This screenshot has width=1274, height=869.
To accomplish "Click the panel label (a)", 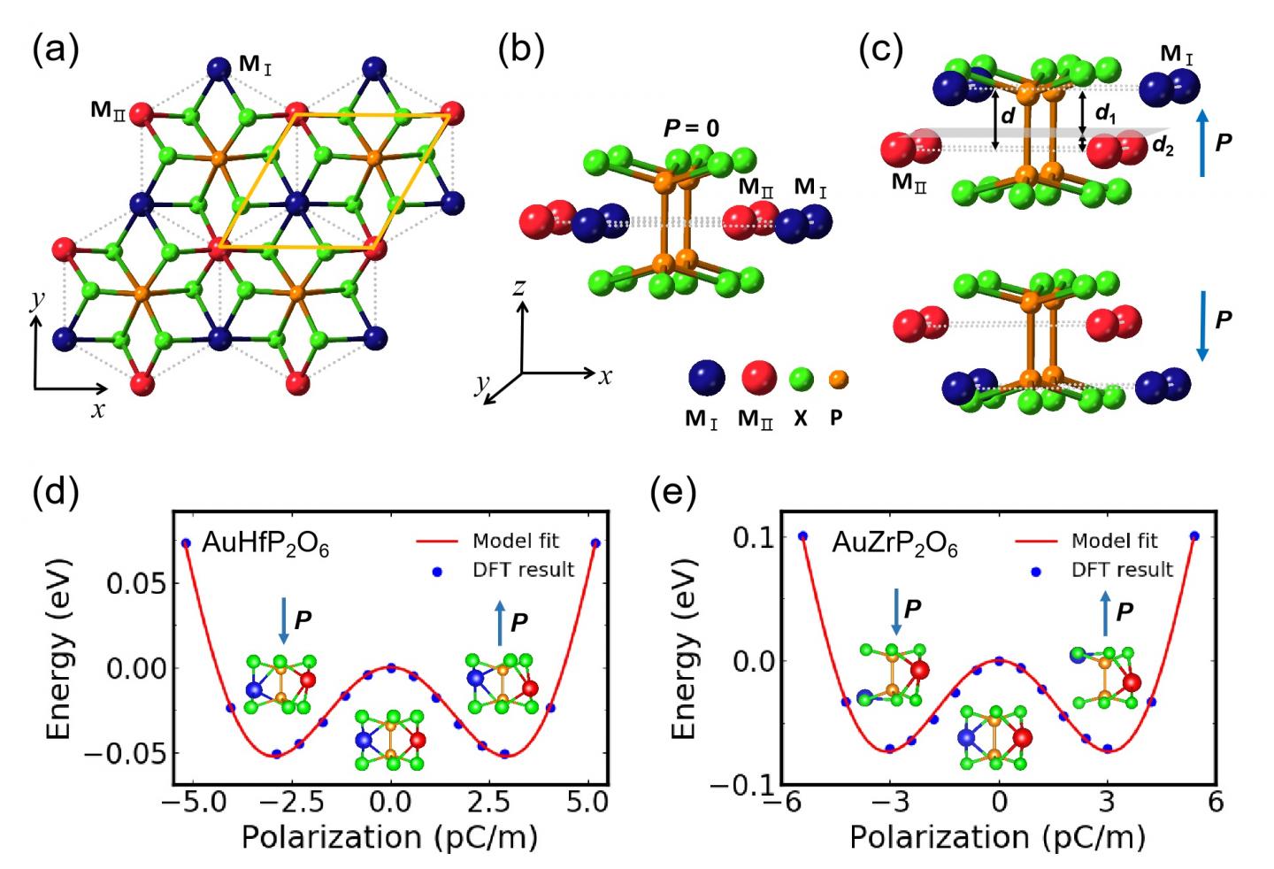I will pos(55,50).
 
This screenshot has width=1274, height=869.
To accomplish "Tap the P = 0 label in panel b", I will pos(691,128).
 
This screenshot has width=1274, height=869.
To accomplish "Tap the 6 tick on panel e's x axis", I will pos(1216,803).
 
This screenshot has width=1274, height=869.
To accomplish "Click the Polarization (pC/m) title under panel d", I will pos(389,836).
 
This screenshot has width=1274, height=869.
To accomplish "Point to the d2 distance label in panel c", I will pos(1163,147).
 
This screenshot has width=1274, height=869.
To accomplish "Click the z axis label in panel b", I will pos(520,287).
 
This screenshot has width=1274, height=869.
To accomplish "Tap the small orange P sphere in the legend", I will pos(837,379).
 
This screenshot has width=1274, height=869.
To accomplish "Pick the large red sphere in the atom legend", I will pos(757,379).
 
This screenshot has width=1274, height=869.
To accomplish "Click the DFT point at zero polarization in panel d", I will pos(390,668).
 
